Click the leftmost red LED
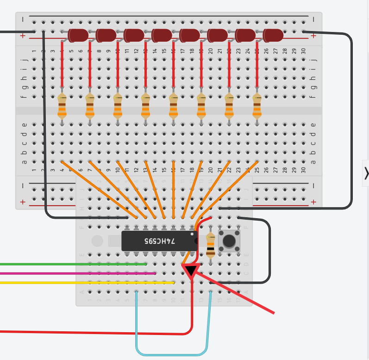78,35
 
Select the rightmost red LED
273,35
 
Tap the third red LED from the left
134,35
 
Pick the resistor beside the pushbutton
211,245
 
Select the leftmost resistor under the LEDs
62,106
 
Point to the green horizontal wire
69,264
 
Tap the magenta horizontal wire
69,273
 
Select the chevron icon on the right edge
366,173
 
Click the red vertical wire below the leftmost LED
62,65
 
